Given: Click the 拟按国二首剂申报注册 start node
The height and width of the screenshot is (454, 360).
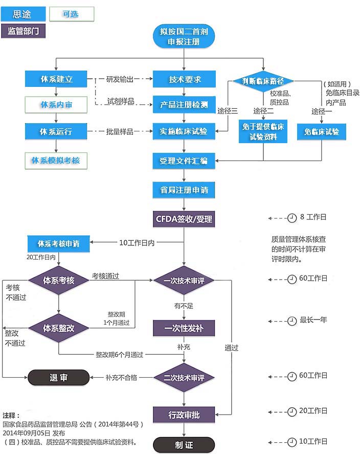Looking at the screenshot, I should click(184, 36).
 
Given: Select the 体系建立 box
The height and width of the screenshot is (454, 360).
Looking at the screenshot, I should click(56, 79).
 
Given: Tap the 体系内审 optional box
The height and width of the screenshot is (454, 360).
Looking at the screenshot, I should click(56, 105).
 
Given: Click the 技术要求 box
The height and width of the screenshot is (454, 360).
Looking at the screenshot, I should click(185, 79).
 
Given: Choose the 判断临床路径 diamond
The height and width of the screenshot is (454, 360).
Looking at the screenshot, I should click(263, 81).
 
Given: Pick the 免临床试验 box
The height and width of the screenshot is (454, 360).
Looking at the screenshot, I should click(321, 132).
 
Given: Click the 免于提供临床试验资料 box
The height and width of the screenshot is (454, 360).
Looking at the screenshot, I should click(263, 131).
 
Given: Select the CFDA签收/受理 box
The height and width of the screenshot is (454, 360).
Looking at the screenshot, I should click(184, 220).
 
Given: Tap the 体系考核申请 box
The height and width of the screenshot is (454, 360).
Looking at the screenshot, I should click(58, 243).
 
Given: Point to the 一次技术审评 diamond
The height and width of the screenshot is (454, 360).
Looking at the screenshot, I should click(184, 281).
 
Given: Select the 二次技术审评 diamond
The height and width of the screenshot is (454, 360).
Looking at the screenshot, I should click(184, 378).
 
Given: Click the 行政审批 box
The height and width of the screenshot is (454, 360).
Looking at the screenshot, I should click(184, 415).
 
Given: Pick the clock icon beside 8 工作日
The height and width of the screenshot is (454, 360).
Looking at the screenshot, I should click(292, 218).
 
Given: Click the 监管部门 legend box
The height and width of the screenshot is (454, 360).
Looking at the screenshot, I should click(23, 31).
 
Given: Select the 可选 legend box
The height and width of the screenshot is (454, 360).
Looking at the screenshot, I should click(71, 14).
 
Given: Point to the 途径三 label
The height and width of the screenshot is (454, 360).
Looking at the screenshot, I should click(228, 111).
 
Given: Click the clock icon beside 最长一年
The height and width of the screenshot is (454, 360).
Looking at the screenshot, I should click(292, 321).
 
